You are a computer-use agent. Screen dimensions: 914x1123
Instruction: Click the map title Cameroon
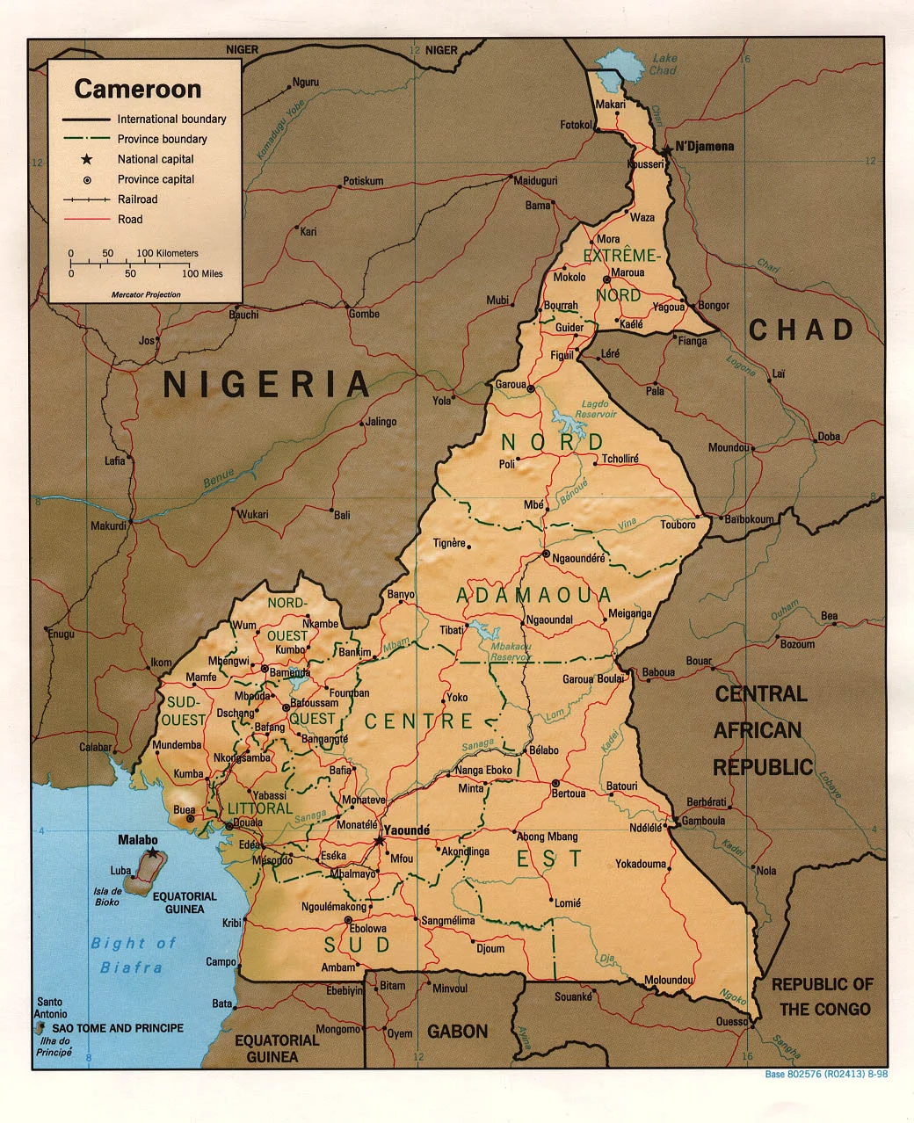(138, 89)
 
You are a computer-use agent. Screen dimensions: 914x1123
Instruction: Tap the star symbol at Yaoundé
(380, 841)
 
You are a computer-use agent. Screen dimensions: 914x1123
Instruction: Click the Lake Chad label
(664, 64)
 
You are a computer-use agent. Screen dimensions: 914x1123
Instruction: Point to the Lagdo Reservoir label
(598, 409)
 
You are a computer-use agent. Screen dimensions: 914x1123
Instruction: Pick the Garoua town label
(510, 385)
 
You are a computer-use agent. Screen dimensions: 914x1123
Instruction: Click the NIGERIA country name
(267, 384)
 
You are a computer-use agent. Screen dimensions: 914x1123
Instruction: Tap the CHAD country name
(801, 330)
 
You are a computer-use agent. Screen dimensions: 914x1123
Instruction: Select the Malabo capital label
(138, 840)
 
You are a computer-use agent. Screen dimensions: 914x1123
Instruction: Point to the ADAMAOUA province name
(533, 595)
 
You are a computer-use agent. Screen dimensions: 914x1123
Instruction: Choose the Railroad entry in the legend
(138, 199)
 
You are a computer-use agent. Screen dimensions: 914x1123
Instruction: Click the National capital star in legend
(86, 159)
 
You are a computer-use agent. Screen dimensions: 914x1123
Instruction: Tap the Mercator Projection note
(146, 294)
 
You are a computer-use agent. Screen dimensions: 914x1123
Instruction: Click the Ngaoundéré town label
(579, 558)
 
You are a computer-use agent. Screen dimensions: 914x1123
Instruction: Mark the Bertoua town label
(568, 793)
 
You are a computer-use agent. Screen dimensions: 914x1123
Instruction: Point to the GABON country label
(457, 1032)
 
